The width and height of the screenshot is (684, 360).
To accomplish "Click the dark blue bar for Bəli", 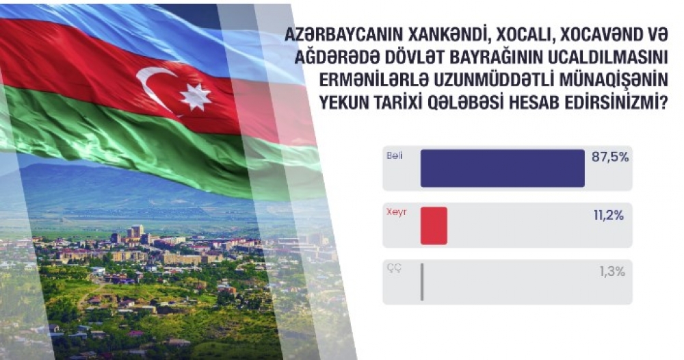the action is (503, 168).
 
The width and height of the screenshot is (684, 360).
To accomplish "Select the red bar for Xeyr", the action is (434, 226).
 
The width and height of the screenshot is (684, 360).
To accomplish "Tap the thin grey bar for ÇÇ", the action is (422, 282).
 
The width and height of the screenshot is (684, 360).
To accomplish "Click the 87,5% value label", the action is (610, 157).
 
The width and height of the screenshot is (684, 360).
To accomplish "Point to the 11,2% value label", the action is (609, 216).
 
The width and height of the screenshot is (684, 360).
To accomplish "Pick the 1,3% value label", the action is (612, 272).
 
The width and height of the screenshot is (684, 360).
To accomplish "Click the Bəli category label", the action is (395, 156).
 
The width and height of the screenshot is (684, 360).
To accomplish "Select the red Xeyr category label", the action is (396, 212).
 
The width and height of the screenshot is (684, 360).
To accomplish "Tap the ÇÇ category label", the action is (394, 268).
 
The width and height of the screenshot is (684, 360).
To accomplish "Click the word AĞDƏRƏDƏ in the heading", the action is (338, 57).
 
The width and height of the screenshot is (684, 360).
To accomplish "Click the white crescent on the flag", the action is (153, 88).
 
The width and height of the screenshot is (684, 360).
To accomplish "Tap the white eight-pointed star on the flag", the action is (196, 97).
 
